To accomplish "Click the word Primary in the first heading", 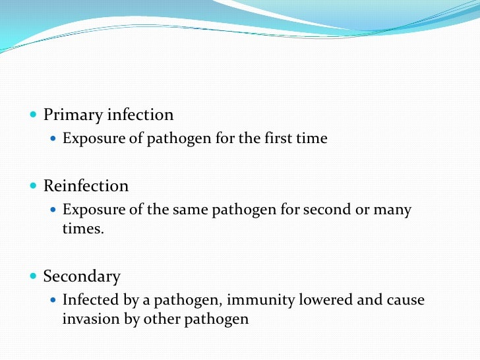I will pyautogui.click(x=71, y=115).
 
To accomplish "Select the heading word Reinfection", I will pyautogui.click(x=86, y=186).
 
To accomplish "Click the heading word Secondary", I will pyautogui.click(x=82, y=276).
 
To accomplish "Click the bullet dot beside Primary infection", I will pyautogui.click(x=34, y=115).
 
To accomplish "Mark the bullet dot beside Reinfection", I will pyautogui.click(x=34, y=186).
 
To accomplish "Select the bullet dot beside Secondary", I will pyautogui.click(x=34, y=276).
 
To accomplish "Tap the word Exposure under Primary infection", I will pyautogui.click(x=90, y=139).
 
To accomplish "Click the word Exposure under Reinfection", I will pyautogui.click(x=90, y=210).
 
